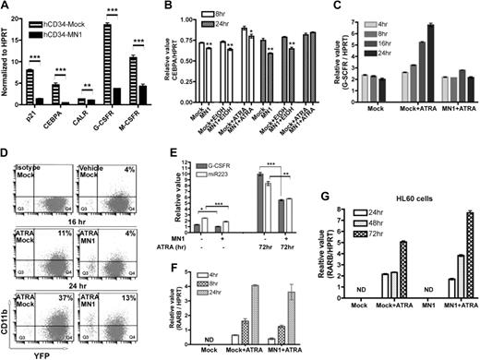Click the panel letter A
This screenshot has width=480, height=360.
(6, 7)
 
